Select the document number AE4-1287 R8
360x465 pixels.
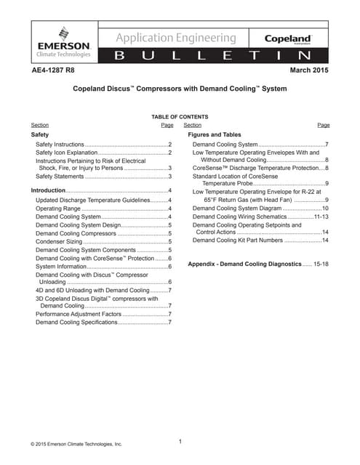(x=57, y=70)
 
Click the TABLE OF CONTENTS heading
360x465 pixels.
(x=180, y=117)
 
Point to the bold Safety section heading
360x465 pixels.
(x=39, y=135)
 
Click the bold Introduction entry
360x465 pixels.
(x=47, y=190)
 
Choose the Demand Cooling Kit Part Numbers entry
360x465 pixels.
(x=237, y=240)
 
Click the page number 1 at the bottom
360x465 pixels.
(x=180, y=441)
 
